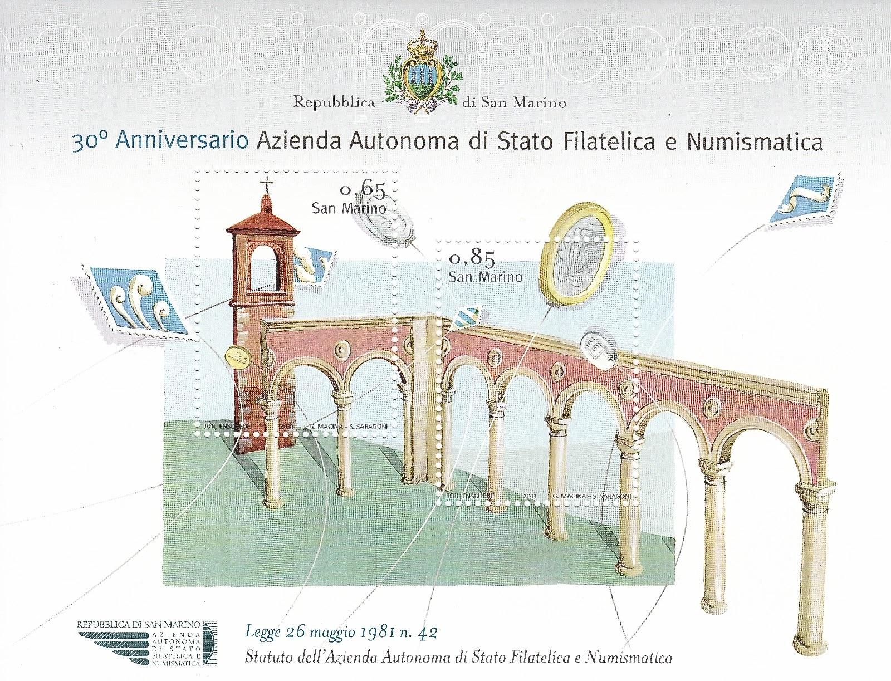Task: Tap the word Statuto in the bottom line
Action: click(x=266, y=658)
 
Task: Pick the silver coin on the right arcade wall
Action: click(x=599, y=350)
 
